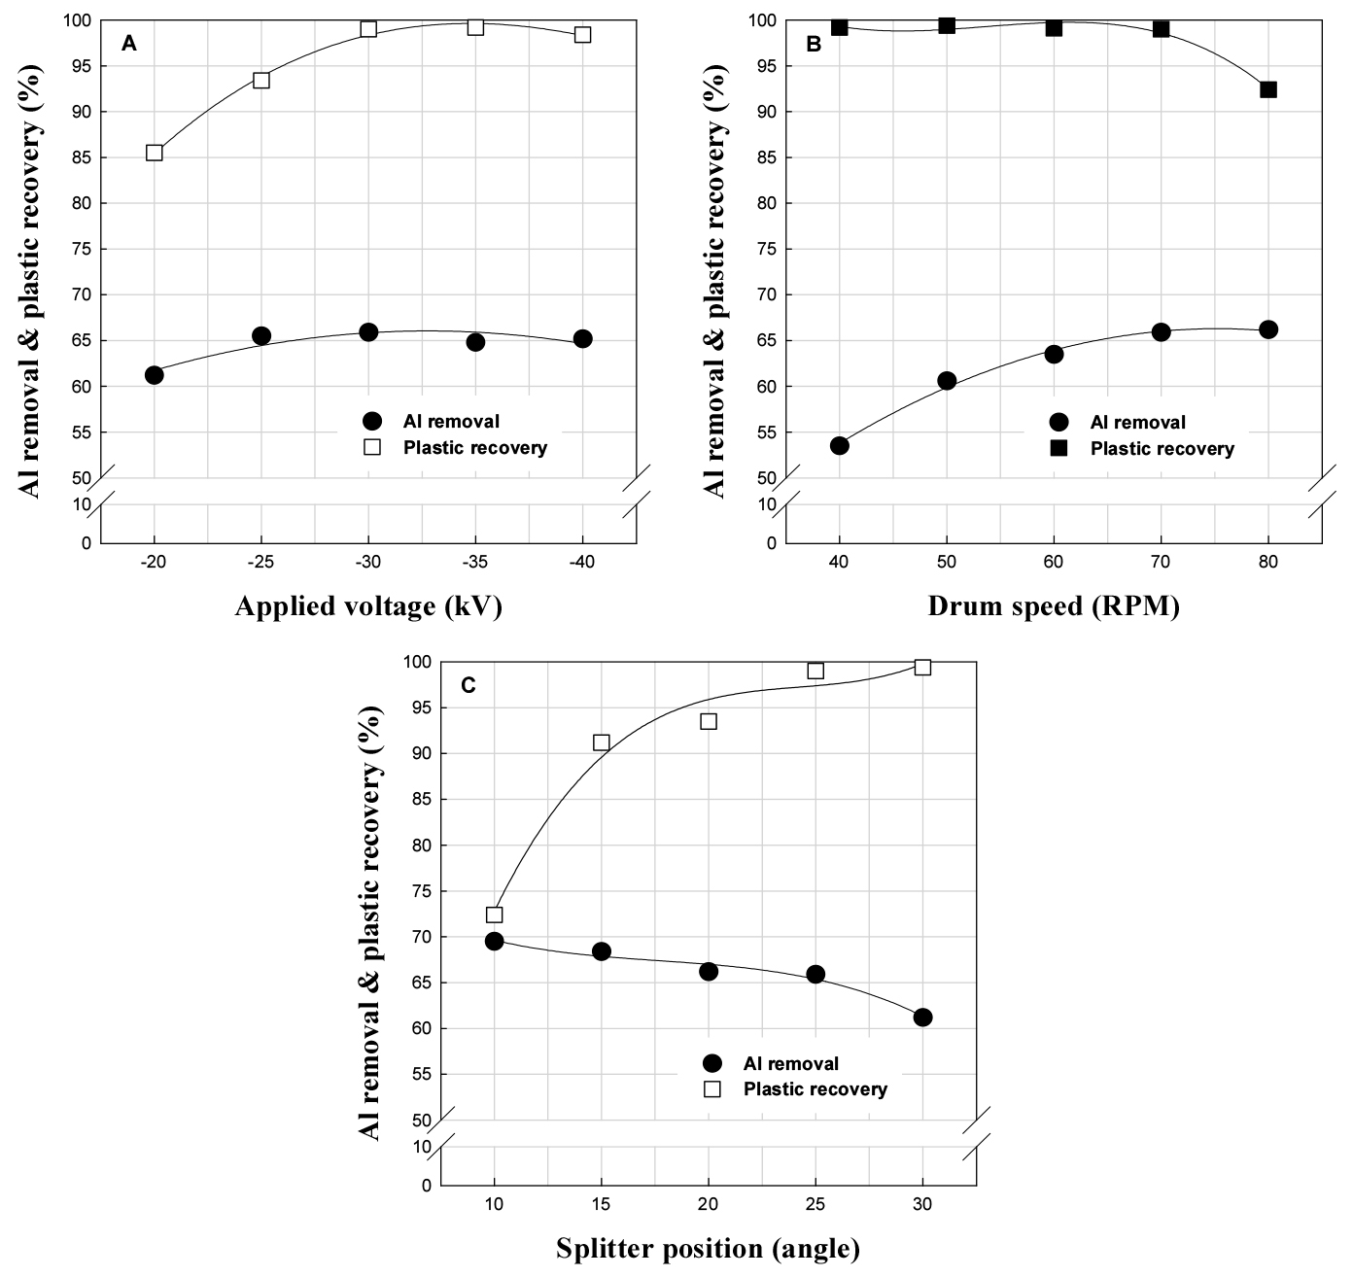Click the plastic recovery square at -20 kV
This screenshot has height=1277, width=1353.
[x=155, y=153]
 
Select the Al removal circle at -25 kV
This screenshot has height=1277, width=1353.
[x=261, y=336]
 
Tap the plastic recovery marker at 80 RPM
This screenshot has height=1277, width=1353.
[x=1267, y=89]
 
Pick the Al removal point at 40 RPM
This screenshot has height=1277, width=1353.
[x=840, y=446]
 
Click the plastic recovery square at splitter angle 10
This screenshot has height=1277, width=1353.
[x=494, y=915]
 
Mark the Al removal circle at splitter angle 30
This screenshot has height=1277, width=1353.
[x=922, y=1018]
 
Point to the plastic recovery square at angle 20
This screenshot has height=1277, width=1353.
[x=709, y=721]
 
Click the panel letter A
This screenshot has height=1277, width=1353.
[x=128, y=43]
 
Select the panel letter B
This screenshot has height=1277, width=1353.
[x=815, y=44]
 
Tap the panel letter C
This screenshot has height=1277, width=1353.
[x=468, y=686]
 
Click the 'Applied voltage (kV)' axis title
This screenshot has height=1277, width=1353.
[x=368, y=607]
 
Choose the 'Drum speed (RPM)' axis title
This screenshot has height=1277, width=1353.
[x=1054, y=607]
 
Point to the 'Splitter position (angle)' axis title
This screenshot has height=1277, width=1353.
[x=708, y=1249]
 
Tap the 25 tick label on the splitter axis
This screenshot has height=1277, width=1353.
[x=815, y=1206]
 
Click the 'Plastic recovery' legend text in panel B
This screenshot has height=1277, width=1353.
[x=1162, y=449]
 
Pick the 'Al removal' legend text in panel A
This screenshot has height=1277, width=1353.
[x=451, y=422]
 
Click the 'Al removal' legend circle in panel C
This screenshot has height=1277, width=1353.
[x=712, y=1064]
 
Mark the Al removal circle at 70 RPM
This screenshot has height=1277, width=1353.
[x=1161, y=332]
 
